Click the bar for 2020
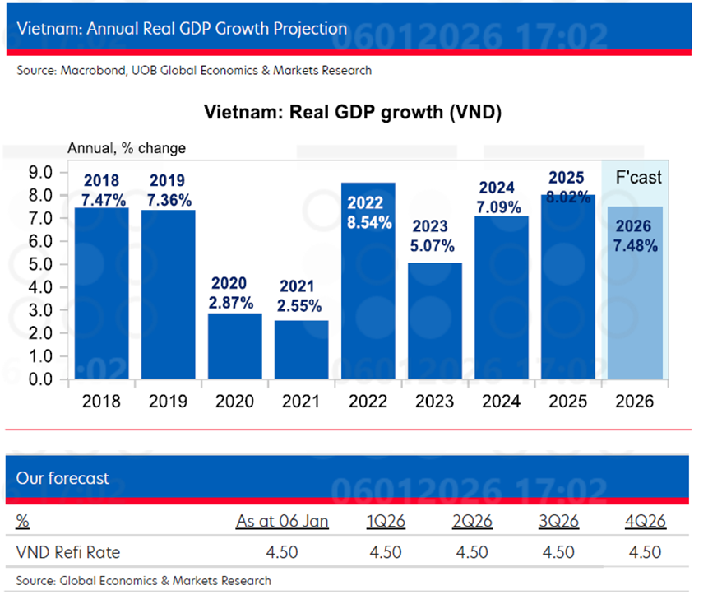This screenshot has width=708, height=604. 234,346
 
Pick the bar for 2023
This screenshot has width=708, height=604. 434,321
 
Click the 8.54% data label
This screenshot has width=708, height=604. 368,212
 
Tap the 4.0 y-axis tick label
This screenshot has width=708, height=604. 40,288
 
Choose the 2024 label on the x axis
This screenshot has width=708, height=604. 501,402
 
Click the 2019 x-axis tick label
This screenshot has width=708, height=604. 168,402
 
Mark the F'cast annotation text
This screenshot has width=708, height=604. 638,178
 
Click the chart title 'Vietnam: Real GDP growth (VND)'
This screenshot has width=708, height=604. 353,113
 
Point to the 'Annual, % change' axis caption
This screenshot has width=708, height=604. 126,148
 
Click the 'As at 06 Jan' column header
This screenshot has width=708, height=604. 282,522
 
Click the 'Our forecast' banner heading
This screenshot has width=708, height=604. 62,478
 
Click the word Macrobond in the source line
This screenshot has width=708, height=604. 92,71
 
